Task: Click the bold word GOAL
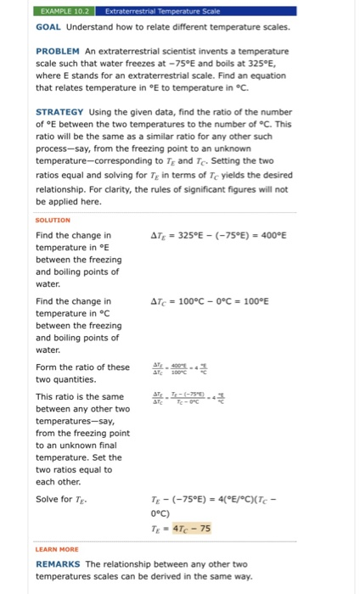tap(49, 27)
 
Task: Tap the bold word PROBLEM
tap(58, 51)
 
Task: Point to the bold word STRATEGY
tap(59, 111)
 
